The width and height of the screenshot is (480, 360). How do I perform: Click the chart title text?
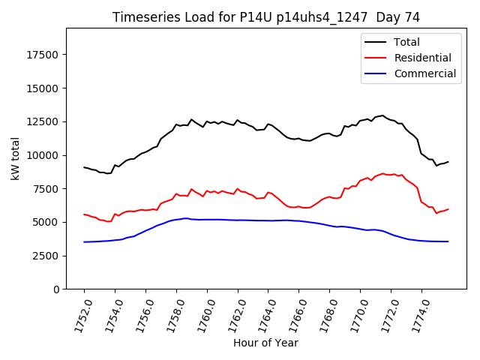266,17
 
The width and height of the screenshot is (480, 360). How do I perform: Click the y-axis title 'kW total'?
15,159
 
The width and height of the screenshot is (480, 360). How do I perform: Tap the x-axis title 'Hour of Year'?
265,343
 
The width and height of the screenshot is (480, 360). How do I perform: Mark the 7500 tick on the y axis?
46,189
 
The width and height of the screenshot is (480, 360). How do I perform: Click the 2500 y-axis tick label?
46,256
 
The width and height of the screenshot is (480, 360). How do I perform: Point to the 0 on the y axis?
57,289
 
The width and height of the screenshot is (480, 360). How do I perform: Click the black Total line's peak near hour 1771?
382,115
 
